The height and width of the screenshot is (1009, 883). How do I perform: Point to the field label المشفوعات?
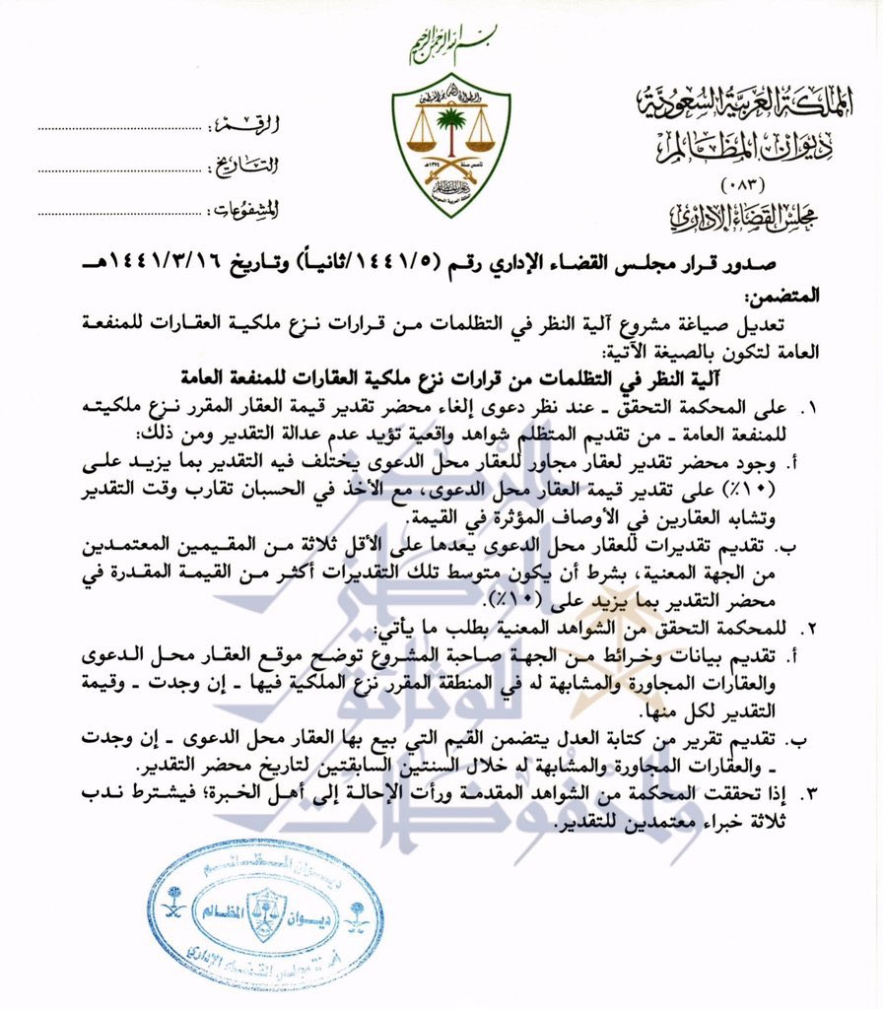[244, 208]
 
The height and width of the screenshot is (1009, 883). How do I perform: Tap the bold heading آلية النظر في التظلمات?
[532, 375]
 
